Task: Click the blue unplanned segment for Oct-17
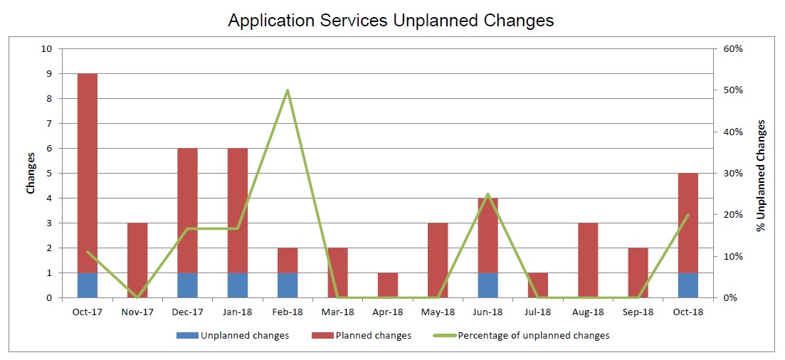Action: (x=87, y=285)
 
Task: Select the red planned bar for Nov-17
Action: (x=137, y=260)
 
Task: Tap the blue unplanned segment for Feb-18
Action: (x=288, y=285)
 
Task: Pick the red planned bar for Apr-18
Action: (x=387, y=285)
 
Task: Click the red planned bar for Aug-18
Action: (x=588, y=260)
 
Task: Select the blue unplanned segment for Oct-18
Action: (x=688, y=285)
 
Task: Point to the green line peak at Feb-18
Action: (x=288, y=90)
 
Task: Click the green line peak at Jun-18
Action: (x=488, y=194)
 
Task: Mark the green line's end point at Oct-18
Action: (x=688, y=215)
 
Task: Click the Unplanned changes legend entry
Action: (x=232, y=336)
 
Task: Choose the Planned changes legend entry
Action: (x=361, y=336)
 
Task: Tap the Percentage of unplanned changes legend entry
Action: (x=521, y=336)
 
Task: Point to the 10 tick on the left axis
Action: (x=48, y=49)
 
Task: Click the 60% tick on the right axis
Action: (x=732, y=49)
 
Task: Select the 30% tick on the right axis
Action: (x=732, y=173)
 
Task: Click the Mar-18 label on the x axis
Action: (x=337, y=312)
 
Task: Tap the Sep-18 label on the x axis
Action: (x=638, y=312)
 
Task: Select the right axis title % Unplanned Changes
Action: (x=761, y=175)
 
